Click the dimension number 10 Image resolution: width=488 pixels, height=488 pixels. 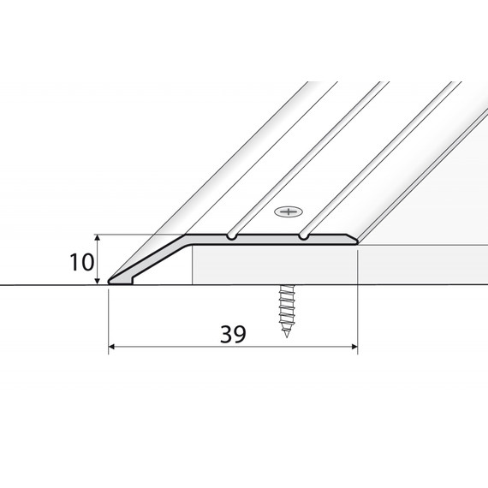(81, 262)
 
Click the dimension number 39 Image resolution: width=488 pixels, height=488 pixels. (233, 334)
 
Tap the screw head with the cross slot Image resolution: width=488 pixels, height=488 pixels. (289, 212)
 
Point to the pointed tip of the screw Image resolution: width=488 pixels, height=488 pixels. (286, 336)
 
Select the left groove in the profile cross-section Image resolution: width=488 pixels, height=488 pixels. (231, 236)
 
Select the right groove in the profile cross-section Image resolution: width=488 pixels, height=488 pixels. (303, 236)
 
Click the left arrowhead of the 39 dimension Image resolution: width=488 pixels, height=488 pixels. (111, 347)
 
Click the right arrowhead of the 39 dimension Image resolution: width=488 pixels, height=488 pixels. (354, 347)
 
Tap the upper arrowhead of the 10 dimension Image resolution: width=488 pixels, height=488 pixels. (98, 238)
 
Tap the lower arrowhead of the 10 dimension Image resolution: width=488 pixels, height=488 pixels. (98, 281)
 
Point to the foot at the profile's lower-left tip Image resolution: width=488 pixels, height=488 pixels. (121, 281)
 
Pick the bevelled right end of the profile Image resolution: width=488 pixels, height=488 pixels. (353, 240)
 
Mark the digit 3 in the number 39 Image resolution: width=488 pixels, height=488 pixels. (227, 334)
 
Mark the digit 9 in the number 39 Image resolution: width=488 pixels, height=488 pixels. (240, 334)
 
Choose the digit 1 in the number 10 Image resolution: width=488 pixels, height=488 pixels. (74, 262)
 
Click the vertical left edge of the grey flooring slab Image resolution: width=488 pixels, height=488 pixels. (193, 265)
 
